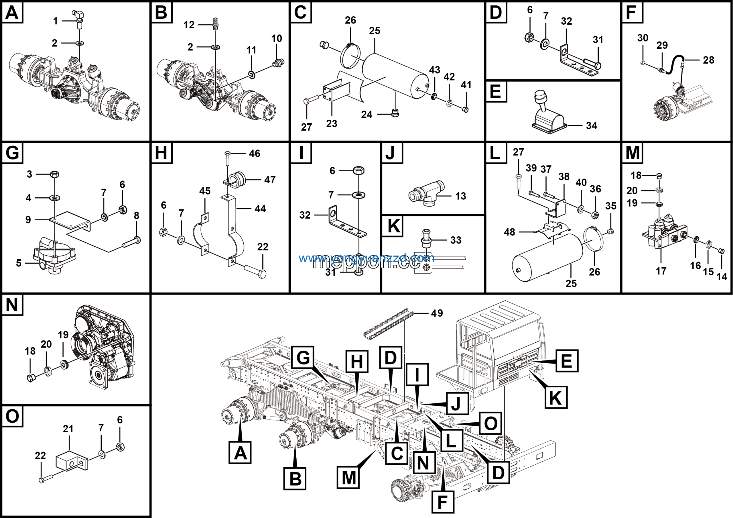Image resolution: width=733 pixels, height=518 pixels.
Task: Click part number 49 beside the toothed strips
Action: [437, 313]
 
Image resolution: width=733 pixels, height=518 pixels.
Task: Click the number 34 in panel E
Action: [591, 125]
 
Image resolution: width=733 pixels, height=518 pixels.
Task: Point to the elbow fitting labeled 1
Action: [78, 15]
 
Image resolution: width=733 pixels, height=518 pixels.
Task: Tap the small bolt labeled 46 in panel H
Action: [227, 158]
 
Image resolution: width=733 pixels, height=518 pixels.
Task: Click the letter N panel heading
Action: [12, 304]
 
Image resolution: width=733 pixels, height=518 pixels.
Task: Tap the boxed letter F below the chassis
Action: [442, 502]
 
